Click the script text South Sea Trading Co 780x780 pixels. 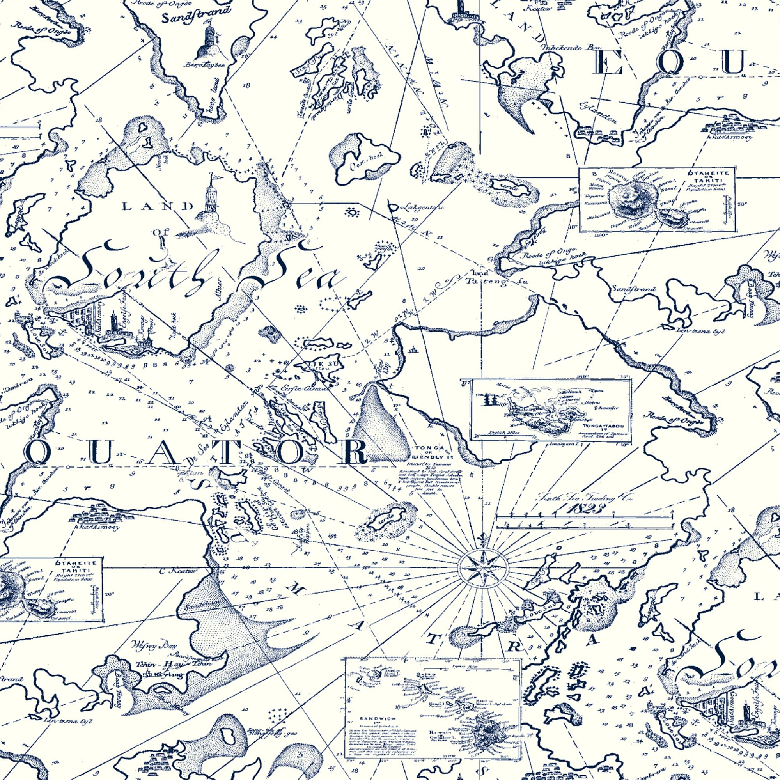pos(584,498)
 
